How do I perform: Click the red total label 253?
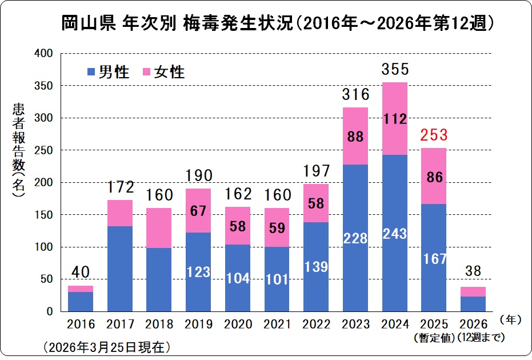point(433,136)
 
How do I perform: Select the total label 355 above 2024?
point(394,70)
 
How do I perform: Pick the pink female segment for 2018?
point(159,227)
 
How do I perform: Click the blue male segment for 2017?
point(120,269)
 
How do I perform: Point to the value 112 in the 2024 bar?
point(394,119)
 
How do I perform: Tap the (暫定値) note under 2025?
point(433,337)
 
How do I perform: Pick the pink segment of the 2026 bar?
point(473,291)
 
